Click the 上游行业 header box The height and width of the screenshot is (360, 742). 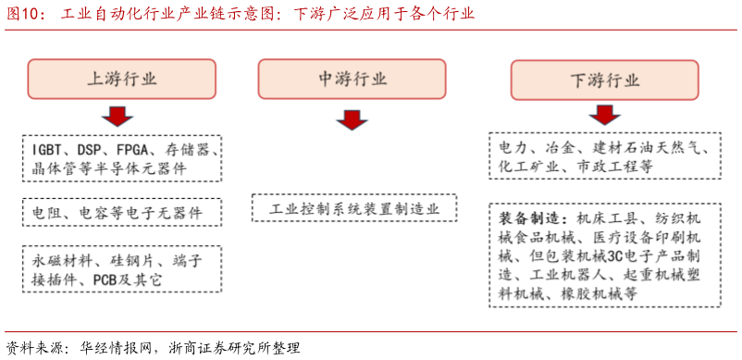(121, 80)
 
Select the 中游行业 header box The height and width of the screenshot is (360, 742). (352, 80)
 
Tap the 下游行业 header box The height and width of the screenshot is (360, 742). (604, 80)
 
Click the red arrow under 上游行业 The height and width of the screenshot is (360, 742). (117, 117)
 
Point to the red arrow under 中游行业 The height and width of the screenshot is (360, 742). (352, 120)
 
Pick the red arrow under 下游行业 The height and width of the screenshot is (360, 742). (604, 114)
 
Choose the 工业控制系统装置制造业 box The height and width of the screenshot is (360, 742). (352, 208)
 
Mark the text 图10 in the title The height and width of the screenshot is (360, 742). (19, 14)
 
